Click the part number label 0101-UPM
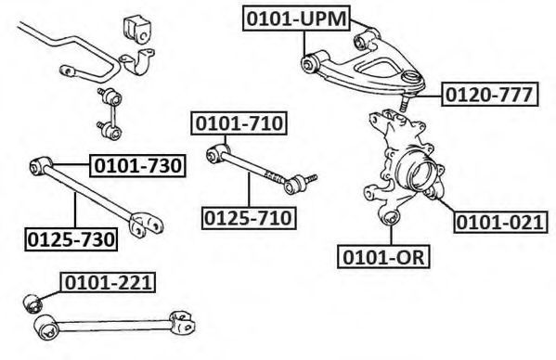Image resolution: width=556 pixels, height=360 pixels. click(296, 18)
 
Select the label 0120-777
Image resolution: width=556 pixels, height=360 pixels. click(490, 95)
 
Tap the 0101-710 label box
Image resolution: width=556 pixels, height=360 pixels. click(239, 123)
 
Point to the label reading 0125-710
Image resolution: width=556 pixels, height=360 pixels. click(249, 218)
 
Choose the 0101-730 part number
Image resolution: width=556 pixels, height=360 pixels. click(138, 165)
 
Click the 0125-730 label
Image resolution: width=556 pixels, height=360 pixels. click(71, 239)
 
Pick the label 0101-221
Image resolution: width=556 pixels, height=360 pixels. click(108, 282)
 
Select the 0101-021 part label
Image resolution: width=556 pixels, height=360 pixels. click(500, 222)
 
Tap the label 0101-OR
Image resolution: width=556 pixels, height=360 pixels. click(383, 256)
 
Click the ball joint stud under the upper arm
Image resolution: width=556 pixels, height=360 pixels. click(403, 104)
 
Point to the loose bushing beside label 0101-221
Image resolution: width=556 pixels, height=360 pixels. click(32, 303)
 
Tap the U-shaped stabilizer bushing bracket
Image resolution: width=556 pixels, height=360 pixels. click(137, 61)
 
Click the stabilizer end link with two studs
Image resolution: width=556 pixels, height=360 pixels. click(110, 113)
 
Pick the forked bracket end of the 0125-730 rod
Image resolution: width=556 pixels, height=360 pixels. click(146, 225)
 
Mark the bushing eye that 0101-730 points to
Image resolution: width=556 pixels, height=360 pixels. click(39, 166)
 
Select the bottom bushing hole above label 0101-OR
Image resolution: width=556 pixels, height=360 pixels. click(391, 217)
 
